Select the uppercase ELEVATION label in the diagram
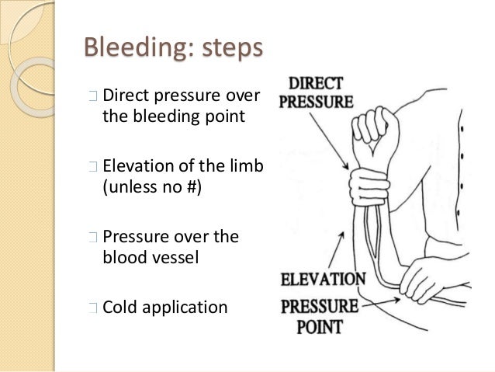[x=324, y=278]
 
